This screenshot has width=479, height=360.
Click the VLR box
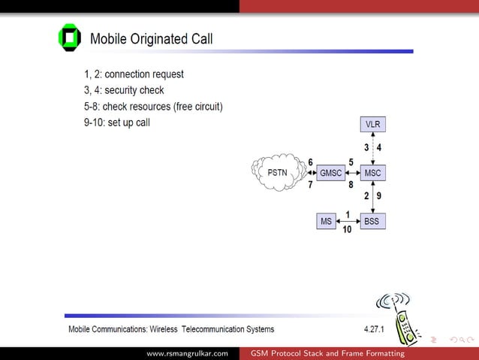[x=372, y=123]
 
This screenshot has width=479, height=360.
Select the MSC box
[x=372, y=173]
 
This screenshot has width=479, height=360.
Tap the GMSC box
[x=330, y=173]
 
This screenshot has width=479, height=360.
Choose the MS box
[x=326, y=221]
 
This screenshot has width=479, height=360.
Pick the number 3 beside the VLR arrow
[x=366, y=147]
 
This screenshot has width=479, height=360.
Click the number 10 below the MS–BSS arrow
[x=347, y=230]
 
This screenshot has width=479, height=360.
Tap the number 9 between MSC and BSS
[x=379, y=196]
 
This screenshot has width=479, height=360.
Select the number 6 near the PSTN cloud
[x=310, y=162]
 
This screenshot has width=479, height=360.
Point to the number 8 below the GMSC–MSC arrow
[x=351, y=184]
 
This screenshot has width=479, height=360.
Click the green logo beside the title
[x=69, y=38]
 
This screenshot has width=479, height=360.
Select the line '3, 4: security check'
[x=124, y=90]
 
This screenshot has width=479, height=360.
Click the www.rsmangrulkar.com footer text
[x=187, y=353]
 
